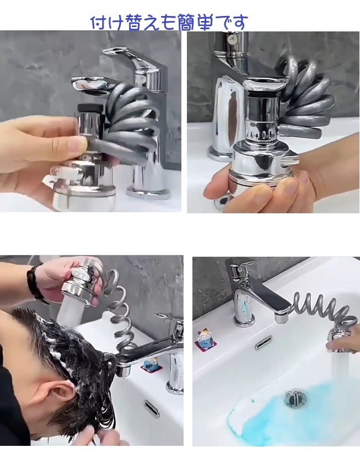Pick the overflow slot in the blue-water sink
[x=262, y=342]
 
